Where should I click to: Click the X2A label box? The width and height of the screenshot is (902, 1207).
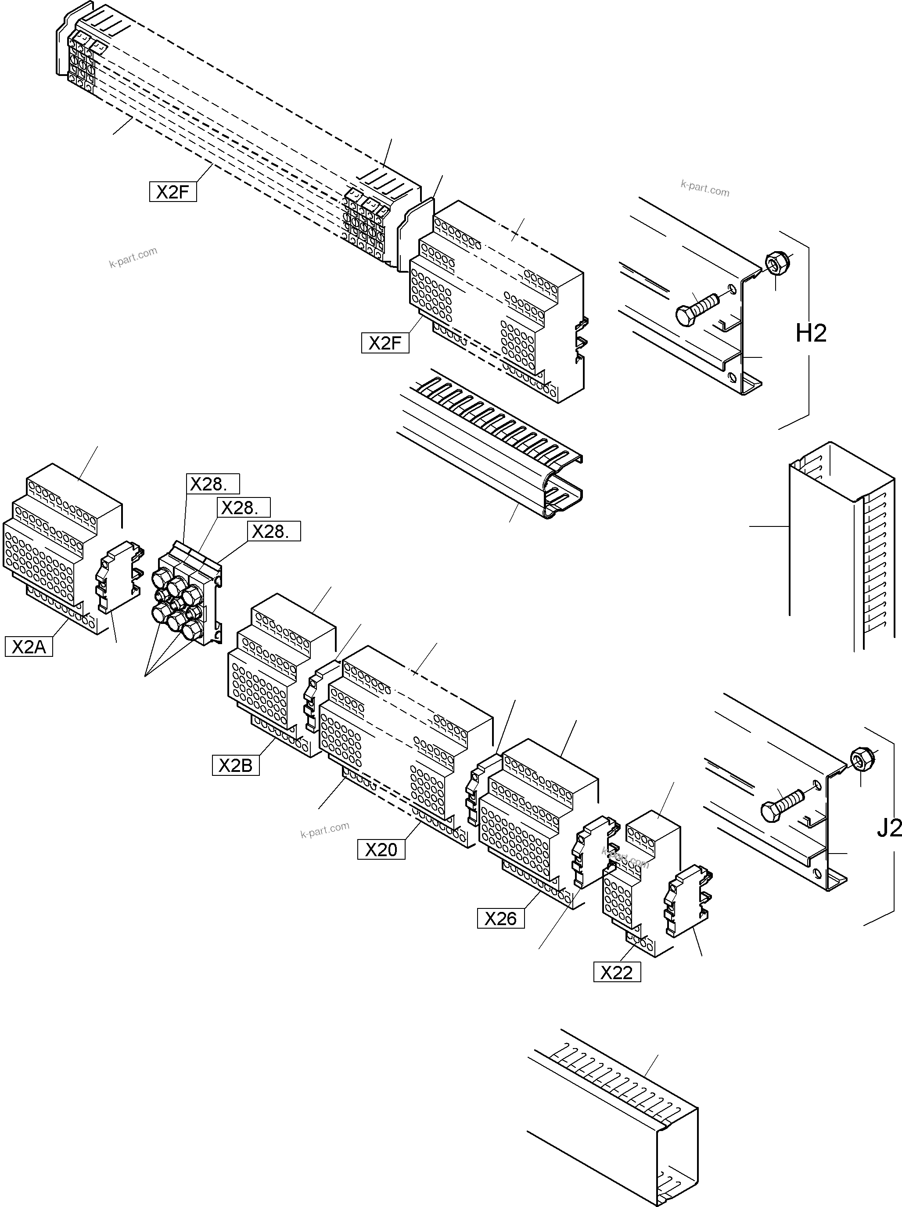29,647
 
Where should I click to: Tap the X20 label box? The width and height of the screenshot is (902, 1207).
381,850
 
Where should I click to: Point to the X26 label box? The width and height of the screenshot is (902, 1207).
501,919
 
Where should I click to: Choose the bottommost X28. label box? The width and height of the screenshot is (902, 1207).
274,531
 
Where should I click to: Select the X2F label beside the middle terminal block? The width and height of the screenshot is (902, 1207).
385,343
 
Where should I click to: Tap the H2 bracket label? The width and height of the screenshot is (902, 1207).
811,333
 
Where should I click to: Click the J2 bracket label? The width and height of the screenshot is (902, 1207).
889,829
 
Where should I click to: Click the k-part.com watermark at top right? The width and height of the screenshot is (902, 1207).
704,188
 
